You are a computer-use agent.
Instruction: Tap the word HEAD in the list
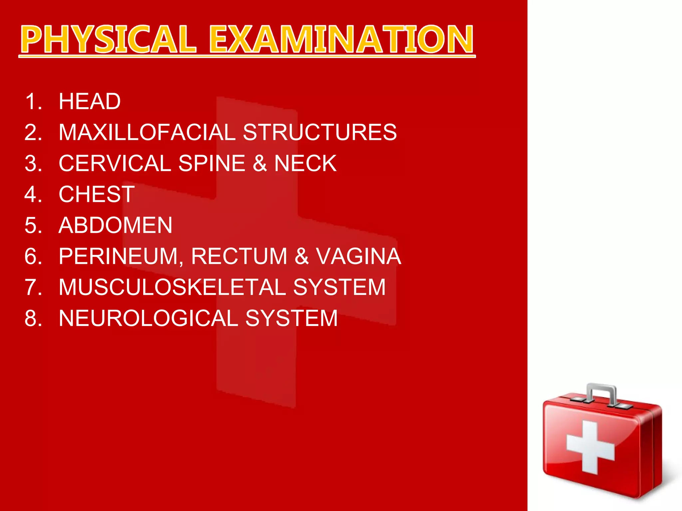90,101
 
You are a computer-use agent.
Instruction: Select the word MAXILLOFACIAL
147,132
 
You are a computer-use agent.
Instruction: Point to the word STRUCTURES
320,132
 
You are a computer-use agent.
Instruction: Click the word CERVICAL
115,163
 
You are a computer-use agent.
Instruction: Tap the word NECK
305,163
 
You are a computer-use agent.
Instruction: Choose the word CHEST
97,194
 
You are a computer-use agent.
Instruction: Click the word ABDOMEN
115,225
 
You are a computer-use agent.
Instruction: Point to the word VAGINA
358,256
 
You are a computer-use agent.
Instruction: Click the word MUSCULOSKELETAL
172,287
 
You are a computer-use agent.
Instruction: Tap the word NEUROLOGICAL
148,318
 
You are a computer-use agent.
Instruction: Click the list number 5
33,225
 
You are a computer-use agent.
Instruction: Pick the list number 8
33,318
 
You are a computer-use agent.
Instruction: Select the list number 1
33,101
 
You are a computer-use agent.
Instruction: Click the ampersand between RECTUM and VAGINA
301,256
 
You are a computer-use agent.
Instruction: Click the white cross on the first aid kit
590,447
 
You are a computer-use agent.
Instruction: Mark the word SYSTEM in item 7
339,287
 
